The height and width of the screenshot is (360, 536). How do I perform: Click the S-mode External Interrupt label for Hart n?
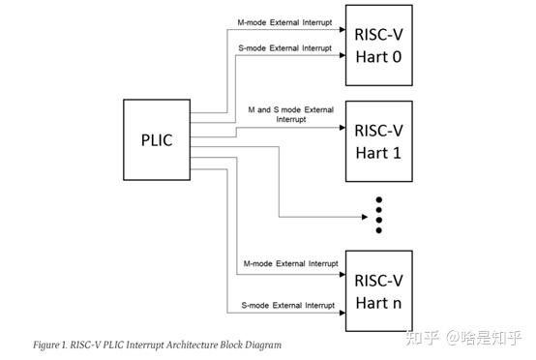tap(287, 306)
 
